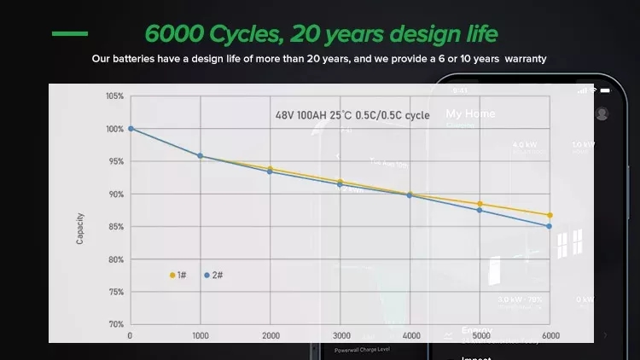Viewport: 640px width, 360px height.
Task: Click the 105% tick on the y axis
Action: click(x=114, y=96)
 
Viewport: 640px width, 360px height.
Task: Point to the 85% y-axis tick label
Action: click(x=115, y=227)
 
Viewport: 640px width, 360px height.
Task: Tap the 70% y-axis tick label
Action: click(x=115, y=325)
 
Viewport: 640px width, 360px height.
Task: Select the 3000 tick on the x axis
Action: click(x=340, y=335)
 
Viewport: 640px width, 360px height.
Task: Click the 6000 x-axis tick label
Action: click(x=550, y=335)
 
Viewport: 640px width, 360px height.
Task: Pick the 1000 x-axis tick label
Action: click(x=200, y=335)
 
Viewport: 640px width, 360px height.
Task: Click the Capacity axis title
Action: click(x=80, y=228)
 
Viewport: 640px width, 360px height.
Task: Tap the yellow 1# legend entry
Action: click(x=178, y=276)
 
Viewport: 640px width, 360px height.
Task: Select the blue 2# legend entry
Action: click(x=213, y=276)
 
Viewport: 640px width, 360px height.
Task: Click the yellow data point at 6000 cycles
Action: click(x=550, y=215)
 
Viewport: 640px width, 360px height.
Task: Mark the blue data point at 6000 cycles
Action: click(x=550, y=226)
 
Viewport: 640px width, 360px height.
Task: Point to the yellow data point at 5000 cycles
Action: click(x=480, y=204)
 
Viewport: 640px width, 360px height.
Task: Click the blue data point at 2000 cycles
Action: click(x=271, y=171)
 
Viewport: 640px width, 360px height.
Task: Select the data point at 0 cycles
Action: click(x=131, y=129)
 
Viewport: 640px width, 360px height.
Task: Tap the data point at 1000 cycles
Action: click(x=200, y=156)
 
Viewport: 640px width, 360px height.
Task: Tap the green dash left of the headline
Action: click(x=69, y=34)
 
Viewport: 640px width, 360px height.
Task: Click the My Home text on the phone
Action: click(x=470, y=113)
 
